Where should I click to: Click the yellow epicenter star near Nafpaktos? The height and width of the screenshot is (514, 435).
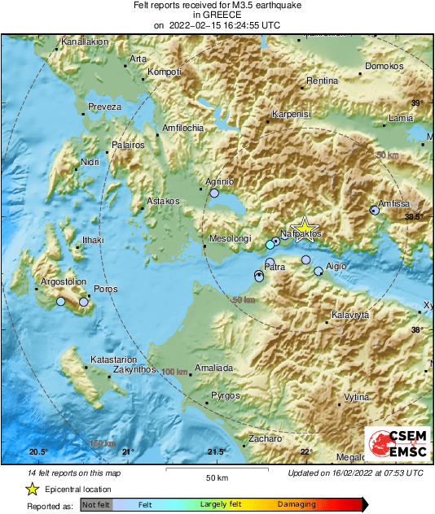tap(304, 229)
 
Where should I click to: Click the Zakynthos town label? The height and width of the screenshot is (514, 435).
tap(134, 369)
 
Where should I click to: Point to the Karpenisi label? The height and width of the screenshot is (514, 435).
tap(292, 115)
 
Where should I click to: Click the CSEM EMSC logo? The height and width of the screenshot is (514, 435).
tap(394, 445)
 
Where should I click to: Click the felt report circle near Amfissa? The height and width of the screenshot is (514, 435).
tap(375, 210)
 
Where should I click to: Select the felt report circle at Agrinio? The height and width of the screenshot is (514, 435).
tap(215, 194)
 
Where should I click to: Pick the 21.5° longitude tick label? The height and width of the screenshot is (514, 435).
tap(216, 451)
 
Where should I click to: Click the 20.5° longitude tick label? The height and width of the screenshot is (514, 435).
tap(39, 451)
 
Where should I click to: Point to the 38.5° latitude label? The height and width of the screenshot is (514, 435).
tap(415, 216)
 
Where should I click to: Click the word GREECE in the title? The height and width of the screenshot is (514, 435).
tap(217, 15)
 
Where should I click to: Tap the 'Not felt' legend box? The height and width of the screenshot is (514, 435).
tap(96, 505)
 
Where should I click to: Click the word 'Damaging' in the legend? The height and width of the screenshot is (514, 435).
tap(297, 505)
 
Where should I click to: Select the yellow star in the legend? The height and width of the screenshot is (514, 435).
tap(32, 489)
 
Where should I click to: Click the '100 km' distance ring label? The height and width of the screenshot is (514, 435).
tap(174, 372)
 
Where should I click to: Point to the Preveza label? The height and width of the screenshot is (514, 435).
tap(104, 107)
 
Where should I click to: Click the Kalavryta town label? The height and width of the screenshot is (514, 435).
tap(350, 315)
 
